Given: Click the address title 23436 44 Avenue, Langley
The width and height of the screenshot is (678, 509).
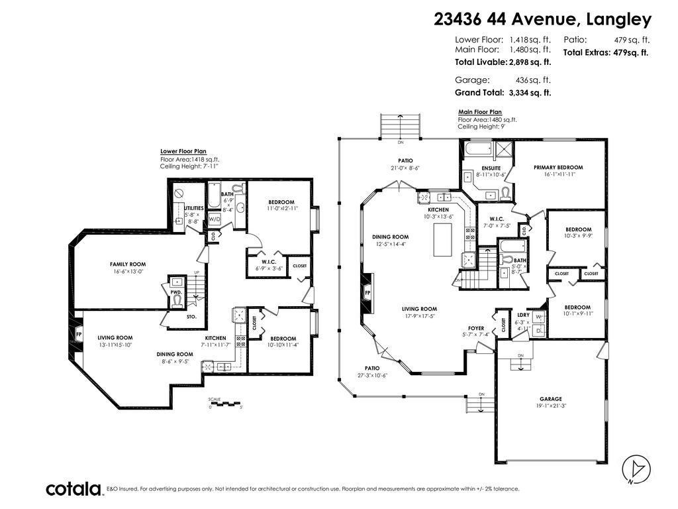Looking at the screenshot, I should [542, 19].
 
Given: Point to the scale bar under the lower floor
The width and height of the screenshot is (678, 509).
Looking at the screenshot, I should [225, 402].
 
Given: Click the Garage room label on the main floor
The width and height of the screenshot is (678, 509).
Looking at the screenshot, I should [550, 398].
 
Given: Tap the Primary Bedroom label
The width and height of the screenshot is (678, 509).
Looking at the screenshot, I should [558, 167].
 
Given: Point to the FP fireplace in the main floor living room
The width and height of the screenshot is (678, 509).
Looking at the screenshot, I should [367, 292].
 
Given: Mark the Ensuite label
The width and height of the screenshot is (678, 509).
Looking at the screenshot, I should [491, 168].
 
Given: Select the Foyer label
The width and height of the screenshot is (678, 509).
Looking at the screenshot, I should [475, 328].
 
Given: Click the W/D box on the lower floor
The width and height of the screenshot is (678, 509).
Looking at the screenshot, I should [215, 219].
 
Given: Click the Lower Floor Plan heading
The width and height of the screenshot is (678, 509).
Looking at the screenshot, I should [183, 151].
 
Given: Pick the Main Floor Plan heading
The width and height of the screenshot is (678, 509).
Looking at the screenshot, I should [479, 112].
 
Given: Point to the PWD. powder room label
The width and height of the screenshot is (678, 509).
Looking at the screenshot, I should [177, 291].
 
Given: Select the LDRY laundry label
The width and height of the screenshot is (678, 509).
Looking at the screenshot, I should [523, 315].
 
